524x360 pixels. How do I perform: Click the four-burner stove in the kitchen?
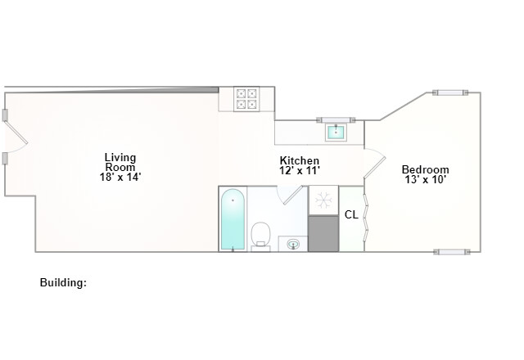coord(246,99)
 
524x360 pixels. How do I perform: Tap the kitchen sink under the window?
coord(336,131)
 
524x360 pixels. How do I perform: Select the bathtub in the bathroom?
coord(233,220)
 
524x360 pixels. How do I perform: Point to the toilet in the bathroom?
coord(260,234)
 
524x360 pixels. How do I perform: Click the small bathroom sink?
coord(292,243)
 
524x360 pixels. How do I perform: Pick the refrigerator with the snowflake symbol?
coord(323,200)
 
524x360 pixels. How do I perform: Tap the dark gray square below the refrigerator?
coord(323,234)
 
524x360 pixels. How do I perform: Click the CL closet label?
coord(350,215)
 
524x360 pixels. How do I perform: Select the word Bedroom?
coord(425,169)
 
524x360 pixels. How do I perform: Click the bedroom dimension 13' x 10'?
coord(425,180)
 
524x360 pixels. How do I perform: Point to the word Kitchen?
coord(299,160)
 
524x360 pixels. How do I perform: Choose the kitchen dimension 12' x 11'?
coord(299,171)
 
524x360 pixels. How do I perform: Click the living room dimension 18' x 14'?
coord(120,177)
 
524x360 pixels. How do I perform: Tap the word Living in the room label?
coord(120,157)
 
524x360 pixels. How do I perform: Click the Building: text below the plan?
coord(63,282)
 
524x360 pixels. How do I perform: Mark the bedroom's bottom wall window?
coord(451,251)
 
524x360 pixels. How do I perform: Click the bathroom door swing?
coord(289,193)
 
